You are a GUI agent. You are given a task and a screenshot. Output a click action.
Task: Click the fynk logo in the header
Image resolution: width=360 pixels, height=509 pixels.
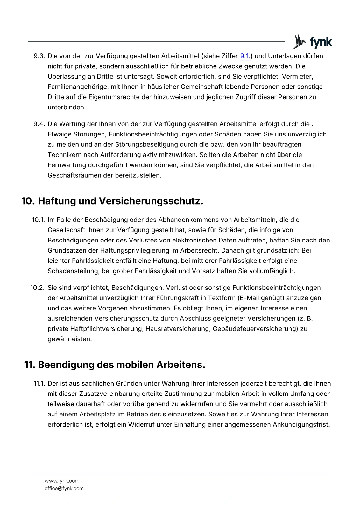pyautogui.click(x=312, y=42)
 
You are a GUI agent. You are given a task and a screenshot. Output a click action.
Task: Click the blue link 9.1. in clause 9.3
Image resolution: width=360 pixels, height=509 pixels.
pyautogui.click(x=245, y=56)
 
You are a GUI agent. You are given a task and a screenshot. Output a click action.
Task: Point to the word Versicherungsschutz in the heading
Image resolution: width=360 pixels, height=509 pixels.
pyautogui.click(x=151, y=201)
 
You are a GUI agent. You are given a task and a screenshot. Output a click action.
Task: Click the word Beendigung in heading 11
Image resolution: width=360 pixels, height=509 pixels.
pyautogui.click(x=66, y=365)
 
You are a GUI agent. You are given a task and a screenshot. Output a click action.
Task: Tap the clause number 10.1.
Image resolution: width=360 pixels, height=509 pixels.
pyautogui.click(x=38, y=220)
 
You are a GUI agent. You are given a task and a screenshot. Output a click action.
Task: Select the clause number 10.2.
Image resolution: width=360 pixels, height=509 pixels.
pyautogui.click(x=38, y=288)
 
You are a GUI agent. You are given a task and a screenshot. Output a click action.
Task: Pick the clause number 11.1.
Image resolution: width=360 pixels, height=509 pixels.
pyautogui.click(x=39, y=384)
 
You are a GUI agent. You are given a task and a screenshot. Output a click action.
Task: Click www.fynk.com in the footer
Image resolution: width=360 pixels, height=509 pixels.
pyautogui.click(x=62, y=481)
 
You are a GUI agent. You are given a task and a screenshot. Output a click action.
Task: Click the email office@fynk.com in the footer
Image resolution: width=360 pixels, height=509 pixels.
pyautogui.click(x=64, y=488)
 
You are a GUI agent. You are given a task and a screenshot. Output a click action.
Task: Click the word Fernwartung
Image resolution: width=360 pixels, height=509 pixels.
pyautogui.click(x=67, y=165)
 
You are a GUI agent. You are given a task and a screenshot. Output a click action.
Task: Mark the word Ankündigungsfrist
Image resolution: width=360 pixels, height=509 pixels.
pyautogui.click(x=301, y=425)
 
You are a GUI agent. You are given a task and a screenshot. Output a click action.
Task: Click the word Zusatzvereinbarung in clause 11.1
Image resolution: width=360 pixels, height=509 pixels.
pyautogui.click(x=107, y=394)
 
